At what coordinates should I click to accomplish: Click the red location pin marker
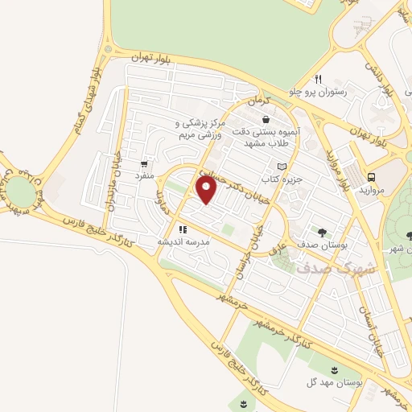pyautogui.click(x=207, y=190)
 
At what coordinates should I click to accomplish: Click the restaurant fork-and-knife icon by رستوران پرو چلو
pyautogui.click(x=318, y=79)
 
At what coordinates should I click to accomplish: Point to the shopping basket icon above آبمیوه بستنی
pyautogui.click(x=266, y=119)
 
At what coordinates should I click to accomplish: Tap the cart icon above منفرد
pyautogui.click(x=145, y=162)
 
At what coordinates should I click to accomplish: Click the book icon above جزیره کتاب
pyautogui.click(x=281, y=166)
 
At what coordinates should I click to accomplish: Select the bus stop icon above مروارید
pyautogui.click(x=372, y=176)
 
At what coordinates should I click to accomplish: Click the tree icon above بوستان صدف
pyautogui.click(x=322, y=230)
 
